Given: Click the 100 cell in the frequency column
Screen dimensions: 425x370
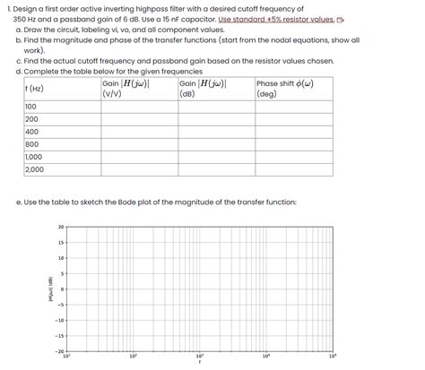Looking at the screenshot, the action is click(x=31, y=106).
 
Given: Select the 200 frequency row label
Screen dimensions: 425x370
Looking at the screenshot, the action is click(x=31, y=118).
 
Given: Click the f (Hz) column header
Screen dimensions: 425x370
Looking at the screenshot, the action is click(x=36, y=88).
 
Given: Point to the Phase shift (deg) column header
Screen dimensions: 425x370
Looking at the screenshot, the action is click(x=284, y=88).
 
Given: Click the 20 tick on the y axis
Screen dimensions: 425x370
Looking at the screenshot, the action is click(x=62, y=227).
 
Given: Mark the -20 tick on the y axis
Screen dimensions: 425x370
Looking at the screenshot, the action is click(x=60, y=351).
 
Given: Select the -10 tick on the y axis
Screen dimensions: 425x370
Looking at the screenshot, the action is click(x=60, y=320).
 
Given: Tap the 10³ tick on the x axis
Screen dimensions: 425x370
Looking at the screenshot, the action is click(x=199, y=357).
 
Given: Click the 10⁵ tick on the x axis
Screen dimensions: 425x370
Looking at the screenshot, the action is click(x=332, y=357).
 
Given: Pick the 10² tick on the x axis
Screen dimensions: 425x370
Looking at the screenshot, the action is click(x=133, y=357).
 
